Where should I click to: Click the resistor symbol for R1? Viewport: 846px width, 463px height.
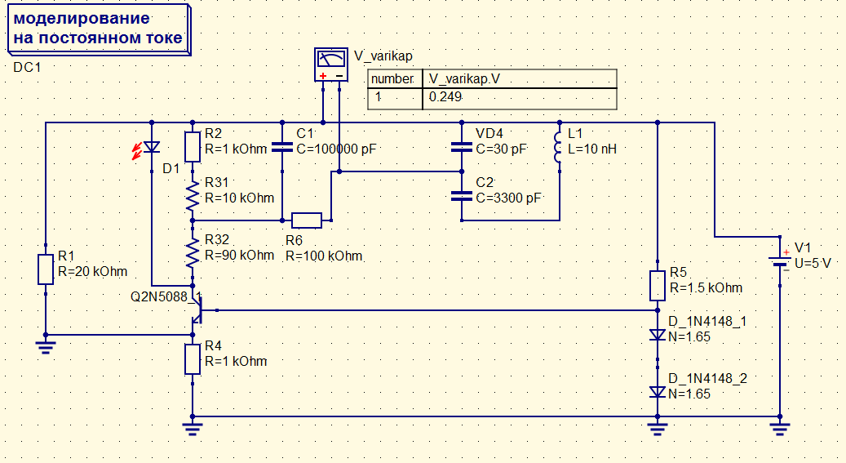pyautogui.click(x=46, y=269)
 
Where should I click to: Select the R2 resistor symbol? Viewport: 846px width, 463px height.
pyautogui.click(x=193, y=147)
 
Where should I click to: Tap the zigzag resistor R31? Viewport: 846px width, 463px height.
pyautogui.click(x=193, y=196)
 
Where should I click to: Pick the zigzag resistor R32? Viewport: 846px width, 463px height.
pyautogui.click(x=193, y=253)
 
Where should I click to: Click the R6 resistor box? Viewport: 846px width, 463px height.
pyautogui.click(x=307, y=220)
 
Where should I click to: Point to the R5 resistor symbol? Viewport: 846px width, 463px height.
pyautogui.click(x=658, y=286)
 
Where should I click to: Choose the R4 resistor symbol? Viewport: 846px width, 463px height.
pyautogui.click(x=193, y=359)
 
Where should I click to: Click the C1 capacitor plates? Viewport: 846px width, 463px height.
pyautogui.click(x=282, y=147)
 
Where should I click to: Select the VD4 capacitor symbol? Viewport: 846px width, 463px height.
pyautogui.click(x=461, y=147)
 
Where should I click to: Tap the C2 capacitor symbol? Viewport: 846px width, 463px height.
pyautogui.click(x=461, y=196)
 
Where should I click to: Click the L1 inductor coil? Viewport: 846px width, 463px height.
pyautogui.click(x=558, y=147)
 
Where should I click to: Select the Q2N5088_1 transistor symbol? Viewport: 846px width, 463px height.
pyautogui.click(x=198, y=310)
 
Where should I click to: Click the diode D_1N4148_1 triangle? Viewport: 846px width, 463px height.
pyautogui.click(x=658, y=335)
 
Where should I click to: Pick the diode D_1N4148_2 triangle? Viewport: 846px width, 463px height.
pyautogui.click(x=658, y=392)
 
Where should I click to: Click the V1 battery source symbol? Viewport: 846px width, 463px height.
pyautogui.click(x=780, y=261)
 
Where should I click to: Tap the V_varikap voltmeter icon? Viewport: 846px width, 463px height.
pyautogui.click(x=330, y=65)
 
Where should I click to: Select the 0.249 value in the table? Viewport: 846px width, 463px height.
pyautogui.click(x=445, y=97)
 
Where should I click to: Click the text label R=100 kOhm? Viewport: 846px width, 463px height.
pyautogui.click(x=324, y=256)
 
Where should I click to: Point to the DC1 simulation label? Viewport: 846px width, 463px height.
pyautogui.click(x=27, y=68)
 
